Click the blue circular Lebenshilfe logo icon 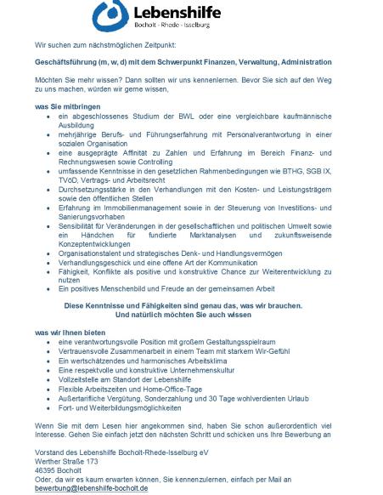click(x=112, y=14)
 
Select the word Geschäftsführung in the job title click(x=61, y=63)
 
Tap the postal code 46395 click(x=46, y=469)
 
